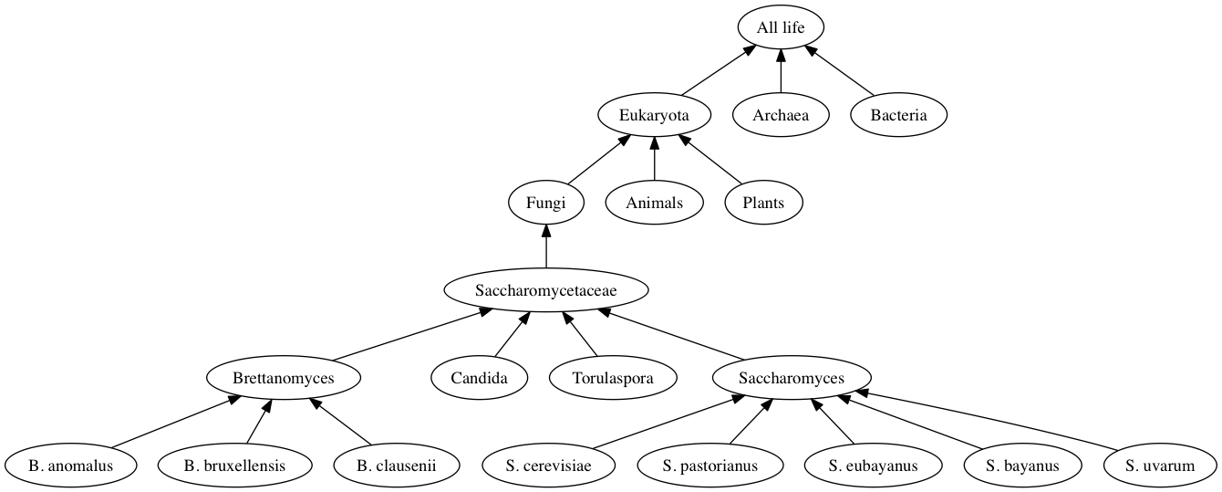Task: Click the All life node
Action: tap(781, 27)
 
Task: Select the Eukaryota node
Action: tap(654, 115)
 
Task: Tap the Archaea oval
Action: tap(781, 115)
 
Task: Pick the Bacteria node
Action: tap(898, 115)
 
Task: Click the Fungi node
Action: tap(545, 203)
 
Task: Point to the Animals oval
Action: tap(654, 203)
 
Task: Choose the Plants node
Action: tap(763, 203)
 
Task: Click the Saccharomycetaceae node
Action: tap(545, 290)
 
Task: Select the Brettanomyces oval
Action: tap(283, 378)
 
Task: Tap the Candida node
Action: tap(479, 378)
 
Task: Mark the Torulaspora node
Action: tap(613, 378)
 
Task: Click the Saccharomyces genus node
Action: tap(791, 378)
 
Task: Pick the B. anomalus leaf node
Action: tap(70, 466)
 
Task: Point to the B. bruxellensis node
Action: tap(234, 466)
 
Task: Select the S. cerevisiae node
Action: tap(548, 466)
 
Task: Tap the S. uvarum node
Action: tap(1159, 466)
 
